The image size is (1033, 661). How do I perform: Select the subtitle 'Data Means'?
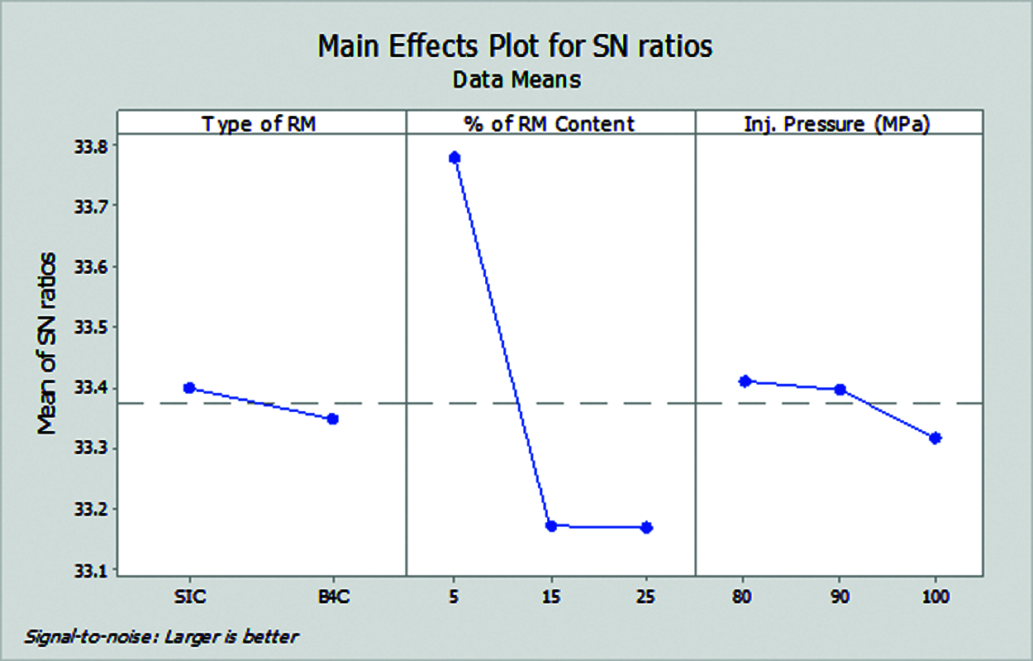(x=516, y=80)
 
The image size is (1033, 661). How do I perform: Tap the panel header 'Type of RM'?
(x=260, y=124)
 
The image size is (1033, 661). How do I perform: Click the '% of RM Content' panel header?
(x=550, y=124)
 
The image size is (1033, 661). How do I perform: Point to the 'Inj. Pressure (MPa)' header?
(x=839, y=124)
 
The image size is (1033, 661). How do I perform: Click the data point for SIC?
(x=188, y=387)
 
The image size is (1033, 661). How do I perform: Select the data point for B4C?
(x=332, y=419)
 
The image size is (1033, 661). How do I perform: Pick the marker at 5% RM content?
(x=454, y=157)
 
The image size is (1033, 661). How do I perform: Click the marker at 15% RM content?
(x=550, y=525)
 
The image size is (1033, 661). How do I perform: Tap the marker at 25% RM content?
(x=647, y=527)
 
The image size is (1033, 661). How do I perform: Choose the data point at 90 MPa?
(x=840, y=389)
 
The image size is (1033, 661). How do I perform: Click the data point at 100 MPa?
(x=935, y=438)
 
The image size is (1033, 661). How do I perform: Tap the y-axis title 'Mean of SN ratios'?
(x=48, y=343)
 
